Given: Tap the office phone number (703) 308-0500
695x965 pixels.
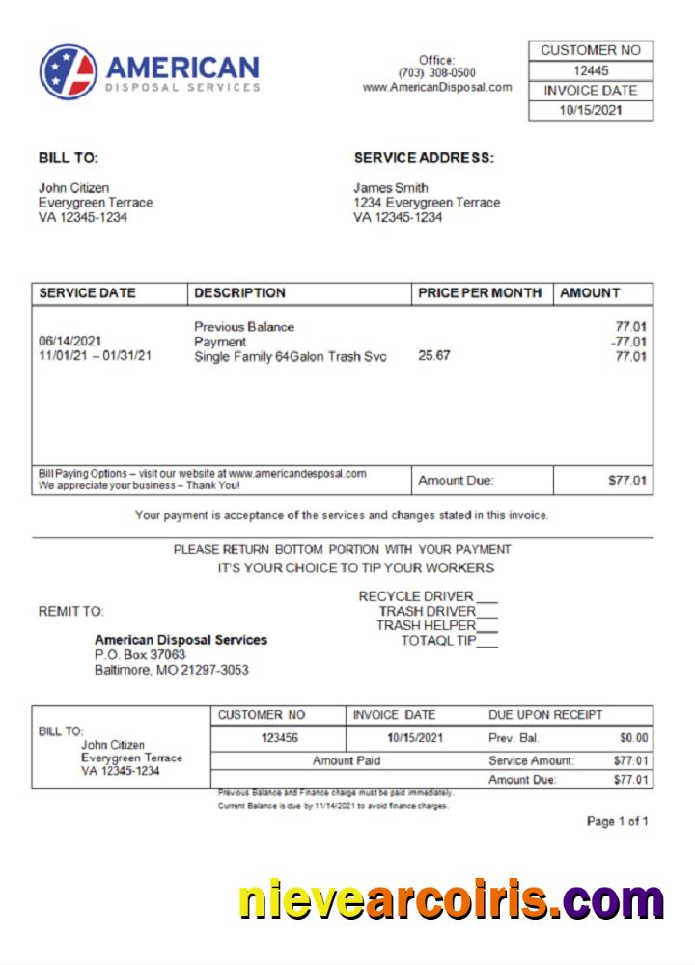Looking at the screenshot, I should coord(436,73).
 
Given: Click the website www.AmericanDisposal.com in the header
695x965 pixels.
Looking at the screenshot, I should coord(436,87).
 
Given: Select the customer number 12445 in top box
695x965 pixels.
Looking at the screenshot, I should coord(591,70).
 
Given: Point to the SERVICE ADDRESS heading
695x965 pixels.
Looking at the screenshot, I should coord(424,158).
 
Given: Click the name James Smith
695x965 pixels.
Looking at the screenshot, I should coord(391,188).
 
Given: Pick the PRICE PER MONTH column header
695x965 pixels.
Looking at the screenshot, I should coord(480,293).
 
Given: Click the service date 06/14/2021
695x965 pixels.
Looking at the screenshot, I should coord(70,342).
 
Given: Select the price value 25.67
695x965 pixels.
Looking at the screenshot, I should coord(434,356).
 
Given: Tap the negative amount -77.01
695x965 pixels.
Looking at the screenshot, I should coord(629,342).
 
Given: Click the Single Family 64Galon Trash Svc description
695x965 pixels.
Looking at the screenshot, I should coord(291,357).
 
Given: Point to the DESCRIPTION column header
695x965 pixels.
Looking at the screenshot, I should coord(240,293).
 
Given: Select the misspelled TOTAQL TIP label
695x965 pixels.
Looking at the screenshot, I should coord(439,640).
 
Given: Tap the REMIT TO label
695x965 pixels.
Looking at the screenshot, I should coord(71,611).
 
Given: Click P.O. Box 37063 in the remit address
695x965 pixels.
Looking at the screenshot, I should coord(140,654).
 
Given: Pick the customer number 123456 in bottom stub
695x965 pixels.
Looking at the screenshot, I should coord(279,738).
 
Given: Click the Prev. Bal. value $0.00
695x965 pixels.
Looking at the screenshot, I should coord(633,738).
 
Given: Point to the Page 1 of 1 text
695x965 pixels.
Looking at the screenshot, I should coord(617,821).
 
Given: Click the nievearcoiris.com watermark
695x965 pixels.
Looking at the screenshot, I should coord(451,899).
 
